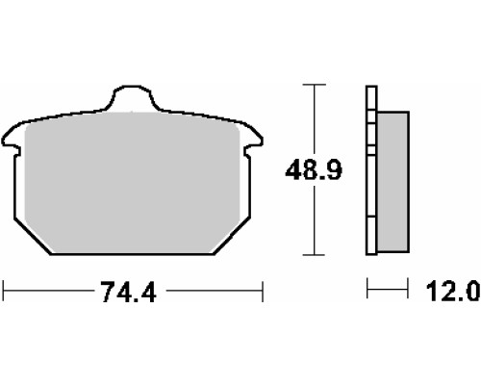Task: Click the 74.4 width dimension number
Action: click(x=128, y=292)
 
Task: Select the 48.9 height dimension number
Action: click(x=314, y=170)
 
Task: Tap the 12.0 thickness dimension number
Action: click(x=453, y=292)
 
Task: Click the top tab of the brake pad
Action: click(x=132, y=97)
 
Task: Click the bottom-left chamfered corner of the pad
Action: click(x=33, y=237)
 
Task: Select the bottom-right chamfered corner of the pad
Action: click(x=232, y=237)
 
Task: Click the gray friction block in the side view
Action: click(x=393, y=182)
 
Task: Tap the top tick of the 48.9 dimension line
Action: click(x=314, y=85)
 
